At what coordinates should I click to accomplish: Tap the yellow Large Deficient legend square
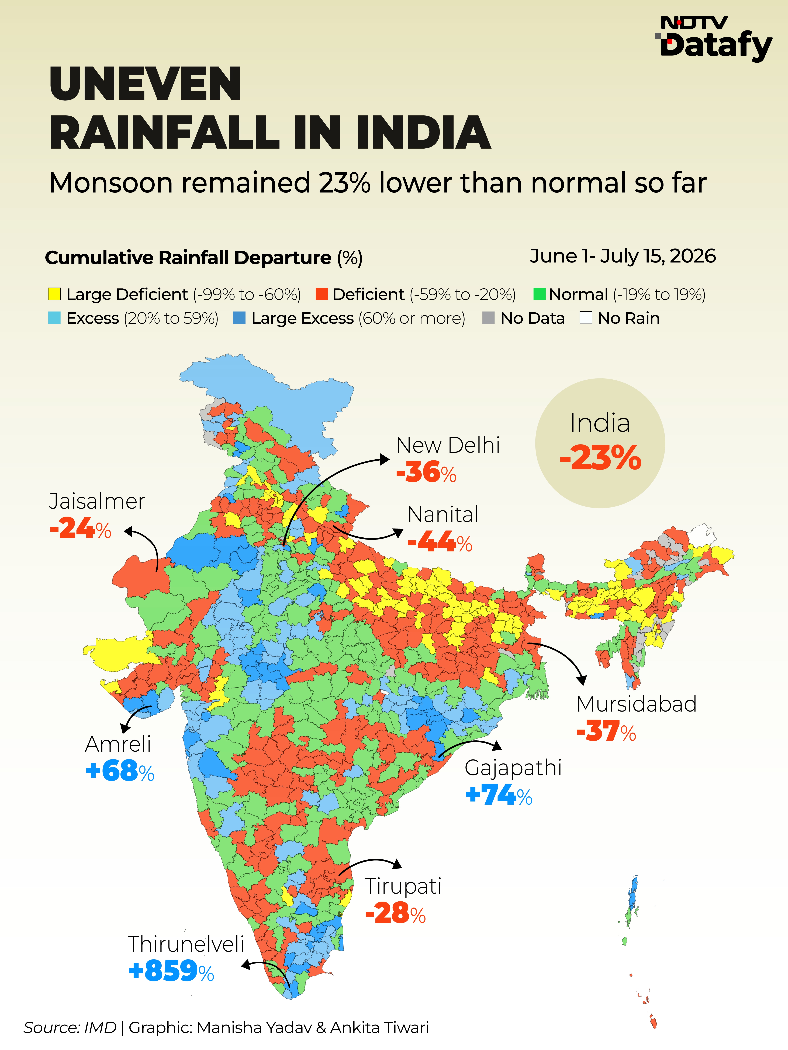pyautogui.click(x=54, y=294)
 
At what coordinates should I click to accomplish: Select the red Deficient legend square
pyautogui.click(x=322, y=294)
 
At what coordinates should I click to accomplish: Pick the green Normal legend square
pyautogui.click(x=540, y=294)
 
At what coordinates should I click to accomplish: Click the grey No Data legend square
pyautogui.click(x=488, y=318)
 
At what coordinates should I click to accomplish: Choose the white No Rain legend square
pyautogui.click(x=586, y=318)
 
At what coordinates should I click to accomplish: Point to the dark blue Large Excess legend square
pyautogui.click(x=239, y=318)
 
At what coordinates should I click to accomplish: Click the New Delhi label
pyautogui.click(x=448, y=445)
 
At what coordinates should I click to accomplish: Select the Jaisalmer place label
pyautogui.click(x=97, y=501)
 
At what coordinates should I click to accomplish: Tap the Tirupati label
pyautogui.click(x=403, y=886)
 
